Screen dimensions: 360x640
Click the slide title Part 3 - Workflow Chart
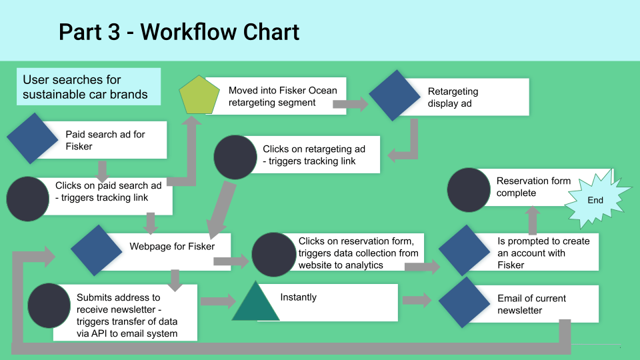pos(179,31)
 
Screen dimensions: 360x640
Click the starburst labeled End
pos(595,199)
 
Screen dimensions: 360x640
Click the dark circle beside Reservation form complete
pos(469,189)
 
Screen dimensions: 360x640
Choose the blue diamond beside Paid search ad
pos(33,138)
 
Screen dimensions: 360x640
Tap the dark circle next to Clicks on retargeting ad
pos(235,158)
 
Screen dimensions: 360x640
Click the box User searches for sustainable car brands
pos(89,87)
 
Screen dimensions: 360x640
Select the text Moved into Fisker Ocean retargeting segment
pos(283,96)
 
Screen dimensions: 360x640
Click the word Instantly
pos(298,297)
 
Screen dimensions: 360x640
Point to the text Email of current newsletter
pos(531,304)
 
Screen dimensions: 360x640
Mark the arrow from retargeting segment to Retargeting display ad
pos(350,103)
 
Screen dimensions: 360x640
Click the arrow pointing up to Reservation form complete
pos(533,219)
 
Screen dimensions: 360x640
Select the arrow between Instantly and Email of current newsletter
pos(417,300)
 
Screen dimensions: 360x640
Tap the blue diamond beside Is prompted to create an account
pos(465,251)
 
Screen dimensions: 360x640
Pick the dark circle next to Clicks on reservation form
pos(274,254)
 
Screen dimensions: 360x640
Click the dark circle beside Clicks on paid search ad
pos(28,199)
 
